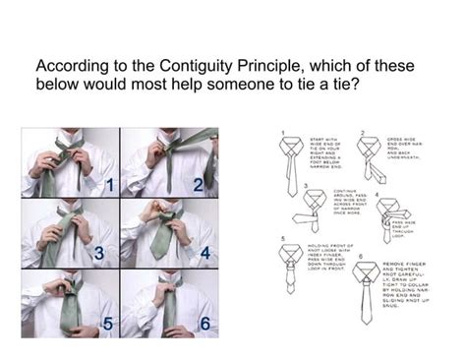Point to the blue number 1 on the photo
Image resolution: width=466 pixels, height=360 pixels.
(x=110, y=184)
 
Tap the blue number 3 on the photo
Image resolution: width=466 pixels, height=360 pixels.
(x=99, y=253)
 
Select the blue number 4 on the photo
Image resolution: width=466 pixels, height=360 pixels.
(x=204, y=253)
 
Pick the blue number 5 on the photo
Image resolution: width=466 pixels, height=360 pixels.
(x=108, y=323)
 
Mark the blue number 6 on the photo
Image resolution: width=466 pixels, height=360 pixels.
(x=204, y=323)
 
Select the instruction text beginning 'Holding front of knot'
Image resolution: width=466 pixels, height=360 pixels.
(x=329, y=255)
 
